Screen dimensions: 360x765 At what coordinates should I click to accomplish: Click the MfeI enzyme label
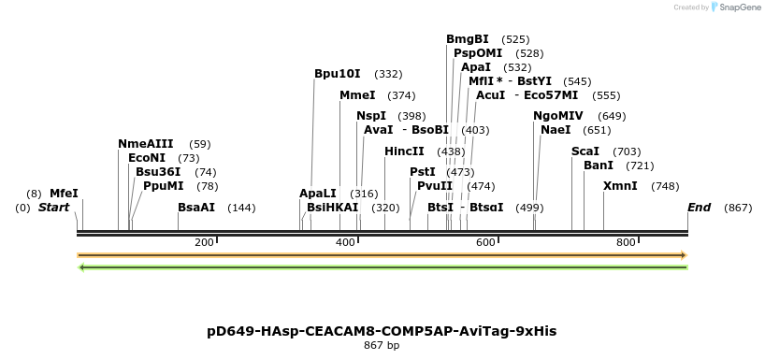click(x=64, y=194)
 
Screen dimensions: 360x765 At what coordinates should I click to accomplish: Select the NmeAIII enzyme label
click(x=145, y=144)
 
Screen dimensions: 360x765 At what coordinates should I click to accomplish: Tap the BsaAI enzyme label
click(x=196, y=208)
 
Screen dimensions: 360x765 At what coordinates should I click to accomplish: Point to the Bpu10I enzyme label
click(x=338, y=74)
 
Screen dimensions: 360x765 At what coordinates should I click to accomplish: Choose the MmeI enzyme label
click(x=357, y=95)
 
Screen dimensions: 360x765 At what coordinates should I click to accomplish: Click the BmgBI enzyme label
click(x=468, y=39)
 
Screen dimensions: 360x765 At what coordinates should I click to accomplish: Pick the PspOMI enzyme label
click(x=478, y=53)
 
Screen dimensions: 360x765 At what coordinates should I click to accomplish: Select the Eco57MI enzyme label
click(x=551, y=95)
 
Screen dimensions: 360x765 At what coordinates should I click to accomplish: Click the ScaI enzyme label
click(x=585, y=151)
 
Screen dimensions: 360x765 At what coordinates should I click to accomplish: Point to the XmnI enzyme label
click(x=620, y=186)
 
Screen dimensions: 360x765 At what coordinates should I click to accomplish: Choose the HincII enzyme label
click(x=404, y=151)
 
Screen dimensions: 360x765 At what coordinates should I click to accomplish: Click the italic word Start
click(x=53, y=208)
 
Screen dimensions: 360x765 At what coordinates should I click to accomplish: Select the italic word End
click(x=699, y=208)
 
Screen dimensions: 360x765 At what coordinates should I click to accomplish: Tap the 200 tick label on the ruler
click(x=204, y=243)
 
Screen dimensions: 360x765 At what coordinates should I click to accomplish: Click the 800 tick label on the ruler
click(x=626, y=243)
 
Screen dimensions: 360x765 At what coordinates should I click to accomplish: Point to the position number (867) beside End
click(x=737, y=208)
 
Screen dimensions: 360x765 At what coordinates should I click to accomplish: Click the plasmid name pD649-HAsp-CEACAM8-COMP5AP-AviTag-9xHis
click(x=382, y=332)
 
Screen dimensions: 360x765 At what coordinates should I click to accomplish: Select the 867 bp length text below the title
click(x=382, y=346)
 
